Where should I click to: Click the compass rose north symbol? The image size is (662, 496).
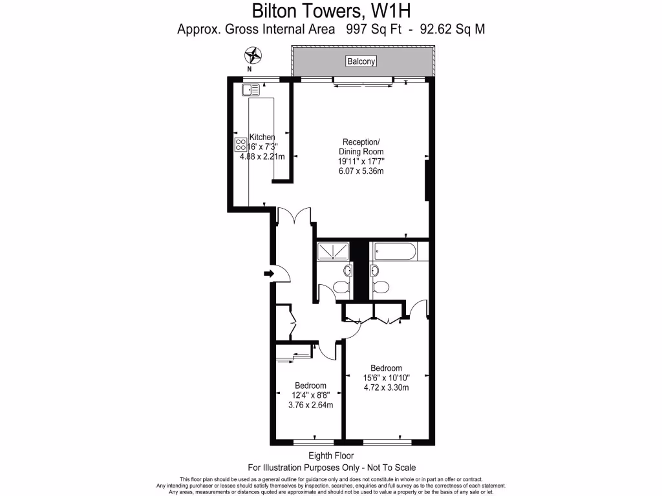pos(255,56)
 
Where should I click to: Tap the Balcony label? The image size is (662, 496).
pos(361,61)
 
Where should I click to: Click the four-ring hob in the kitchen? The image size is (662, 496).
pos(240,145)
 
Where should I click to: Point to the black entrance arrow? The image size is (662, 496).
pos(268,274)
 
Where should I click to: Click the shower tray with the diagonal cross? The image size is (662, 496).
pos(333,251)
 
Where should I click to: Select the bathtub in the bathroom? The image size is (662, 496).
pos(394,251)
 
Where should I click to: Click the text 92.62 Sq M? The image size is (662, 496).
pos(452,29)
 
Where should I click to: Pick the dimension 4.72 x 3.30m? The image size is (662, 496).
pos(386,388)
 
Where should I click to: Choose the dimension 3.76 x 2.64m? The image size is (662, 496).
pos(310,406)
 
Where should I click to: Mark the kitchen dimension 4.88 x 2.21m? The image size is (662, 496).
pos(263,156)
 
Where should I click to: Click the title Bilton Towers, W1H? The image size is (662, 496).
pos(330,11)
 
